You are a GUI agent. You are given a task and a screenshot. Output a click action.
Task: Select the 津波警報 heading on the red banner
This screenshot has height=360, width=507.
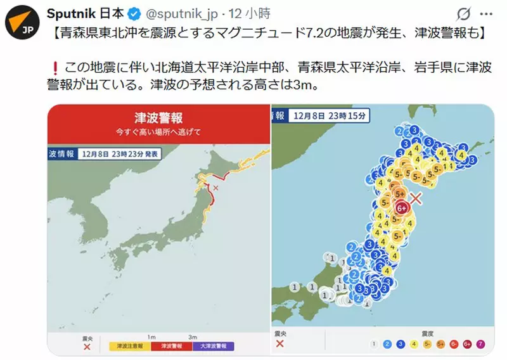(159, 118)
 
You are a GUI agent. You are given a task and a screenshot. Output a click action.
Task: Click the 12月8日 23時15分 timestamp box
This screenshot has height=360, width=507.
(328, 116)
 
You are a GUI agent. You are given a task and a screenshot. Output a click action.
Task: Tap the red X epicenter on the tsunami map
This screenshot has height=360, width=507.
(215, 188)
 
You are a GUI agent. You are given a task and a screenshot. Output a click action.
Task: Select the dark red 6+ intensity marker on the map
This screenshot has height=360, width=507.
(401, 207)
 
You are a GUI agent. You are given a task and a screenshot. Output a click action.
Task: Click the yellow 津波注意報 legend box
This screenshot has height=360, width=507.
(130, 346)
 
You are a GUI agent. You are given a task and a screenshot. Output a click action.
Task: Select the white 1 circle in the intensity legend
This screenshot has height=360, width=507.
(375, 345)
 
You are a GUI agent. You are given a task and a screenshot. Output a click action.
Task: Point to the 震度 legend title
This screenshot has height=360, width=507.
(428, 333)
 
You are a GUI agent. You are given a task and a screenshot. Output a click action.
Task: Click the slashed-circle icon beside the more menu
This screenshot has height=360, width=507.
(463, 13)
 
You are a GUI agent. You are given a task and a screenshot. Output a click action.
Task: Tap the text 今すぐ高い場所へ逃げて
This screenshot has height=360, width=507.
(159, 132)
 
